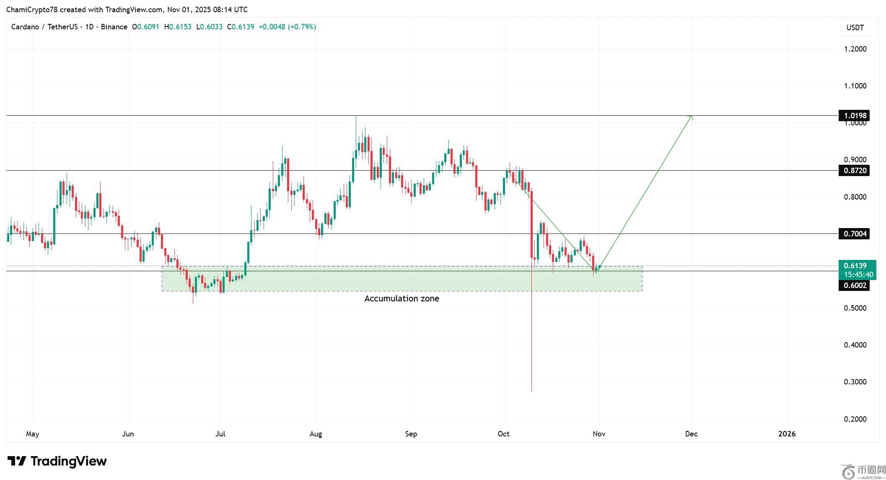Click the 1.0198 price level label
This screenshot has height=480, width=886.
854,115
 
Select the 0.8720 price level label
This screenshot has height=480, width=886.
854,171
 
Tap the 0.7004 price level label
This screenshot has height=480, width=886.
854,234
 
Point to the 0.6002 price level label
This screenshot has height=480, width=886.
854,285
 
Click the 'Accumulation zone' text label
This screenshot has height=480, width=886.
402,298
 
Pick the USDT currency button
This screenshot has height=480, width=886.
858,28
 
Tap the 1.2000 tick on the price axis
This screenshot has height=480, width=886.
855,49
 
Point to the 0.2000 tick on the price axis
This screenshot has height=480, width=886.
855,419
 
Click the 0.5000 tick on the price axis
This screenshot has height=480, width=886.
855,308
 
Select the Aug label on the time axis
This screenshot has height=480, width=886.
316,434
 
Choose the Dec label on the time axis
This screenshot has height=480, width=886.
691,434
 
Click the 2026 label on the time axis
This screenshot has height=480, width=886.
787,434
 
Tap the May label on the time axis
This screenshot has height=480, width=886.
32,434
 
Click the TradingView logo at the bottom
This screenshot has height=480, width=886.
57,462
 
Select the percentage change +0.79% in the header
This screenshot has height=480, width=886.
302,27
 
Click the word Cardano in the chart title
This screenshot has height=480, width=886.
25,27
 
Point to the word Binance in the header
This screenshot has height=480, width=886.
114,27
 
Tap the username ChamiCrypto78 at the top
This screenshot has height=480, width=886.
32,9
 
